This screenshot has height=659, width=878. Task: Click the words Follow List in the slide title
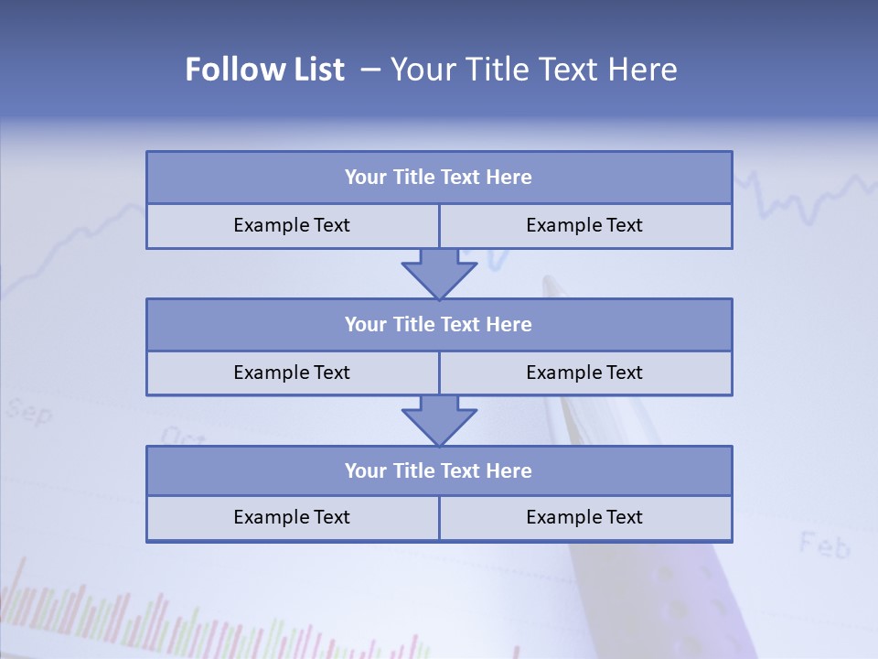pyautogui.click(x=264, y=70)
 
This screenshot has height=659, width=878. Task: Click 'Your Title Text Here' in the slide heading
pyautogui.click(x=534, y=70)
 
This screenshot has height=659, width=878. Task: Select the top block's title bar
pyautogui.click(x=439, y=178)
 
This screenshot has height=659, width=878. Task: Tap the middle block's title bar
pyautogui.click(x=439, y=324)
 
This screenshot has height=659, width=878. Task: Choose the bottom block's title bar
pyautogui.click(x=439, y=470)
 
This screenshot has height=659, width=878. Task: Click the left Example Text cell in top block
pyautogui.click(x=292, y=225)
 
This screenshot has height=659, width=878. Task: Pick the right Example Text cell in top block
pyautogui.click(x=585, y=225)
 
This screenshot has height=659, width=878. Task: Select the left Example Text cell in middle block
pyautogui.click(x=292, y=373)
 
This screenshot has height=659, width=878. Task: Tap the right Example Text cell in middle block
pyautogui.click(x=585, y=373)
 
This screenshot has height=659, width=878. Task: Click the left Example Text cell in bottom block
pyautogui.click(x=292, y=517)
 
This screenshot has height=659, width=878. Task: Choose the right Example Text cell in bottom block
pyautogui.click(x=585, y=517)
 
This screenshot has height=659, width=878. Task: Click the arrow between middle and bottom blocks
pyautogui.click(x=439, y=420)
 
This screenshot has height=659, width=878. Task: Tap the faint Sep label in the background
pyautogui.click(x=29, y=412)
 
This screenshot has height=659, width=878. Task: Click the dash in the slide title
pyautogui.click(x=370, y=70)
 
